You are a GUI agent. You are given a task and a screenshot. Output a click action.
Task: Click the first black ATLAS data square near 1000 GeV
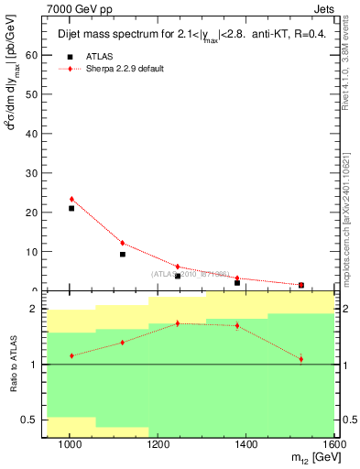click(x=71, y=208)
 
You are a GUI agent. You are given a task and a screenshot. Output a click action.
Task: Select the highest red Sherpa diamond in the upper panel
click(x=71, y=199)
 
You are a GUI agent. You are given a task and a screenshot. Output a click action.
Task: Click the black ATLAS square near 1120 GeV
click(x=123, y=254)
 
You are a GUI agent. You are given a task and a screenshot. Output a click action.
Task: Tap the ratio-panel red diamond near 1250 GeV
click(x=178, y=323)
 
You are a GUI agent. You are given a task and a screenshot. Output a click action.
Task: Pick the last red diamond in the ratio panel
click(x=300, y=358)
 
